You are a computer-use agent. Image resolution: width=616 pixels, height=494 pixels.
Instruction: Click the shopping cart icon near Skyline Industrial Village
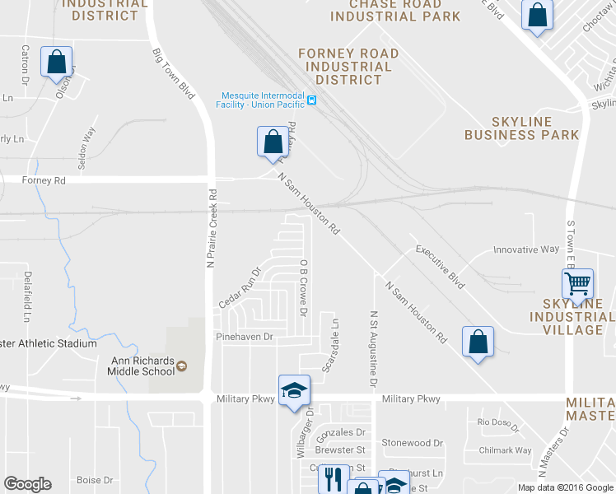coord(578,284)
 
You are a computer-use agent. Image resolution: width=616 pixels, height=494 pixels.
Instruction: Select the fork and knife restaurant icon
coord(334,478)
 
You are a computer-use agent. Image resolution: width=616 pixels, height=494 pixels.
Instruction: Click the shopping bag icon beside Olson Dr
coord(56,63)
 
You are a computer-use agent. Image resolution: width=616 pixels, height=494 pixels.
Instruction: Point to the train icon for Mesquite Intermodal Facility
coord(312,100)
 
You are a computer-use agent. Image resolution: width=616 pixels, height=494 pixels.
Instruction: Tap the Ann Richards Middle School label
coord(143,366)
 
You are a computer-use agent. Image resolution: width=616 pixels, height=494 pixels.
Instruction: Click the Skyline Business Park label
coord(521,128)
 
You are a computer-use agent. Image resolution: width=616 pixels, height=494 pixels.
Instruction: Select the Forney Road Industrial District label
coord(348,67)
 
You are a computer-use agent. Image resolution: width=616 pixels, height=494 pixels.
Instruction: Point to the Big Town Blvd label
coord(173,73)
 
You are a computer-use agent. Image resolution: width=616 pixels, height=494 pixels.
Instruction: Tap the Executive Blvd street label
coord(440,267)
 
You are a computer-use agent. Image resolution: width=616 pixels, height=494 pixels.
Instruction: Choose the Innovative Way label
coord(525,249)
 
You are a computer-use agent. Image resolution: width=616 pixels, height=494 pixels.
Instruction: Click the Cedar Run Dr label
coord(239,285)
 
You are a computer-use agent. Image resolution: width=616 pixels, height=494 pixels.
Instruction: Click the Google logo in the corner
coord(27,484)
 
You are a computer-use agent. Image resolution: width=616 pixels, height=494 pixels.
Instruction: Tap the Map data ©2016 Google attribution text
coord(565,487)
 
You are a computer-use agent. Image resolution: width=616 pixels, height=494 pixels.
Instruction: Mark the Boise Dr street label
coord(94,480)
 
